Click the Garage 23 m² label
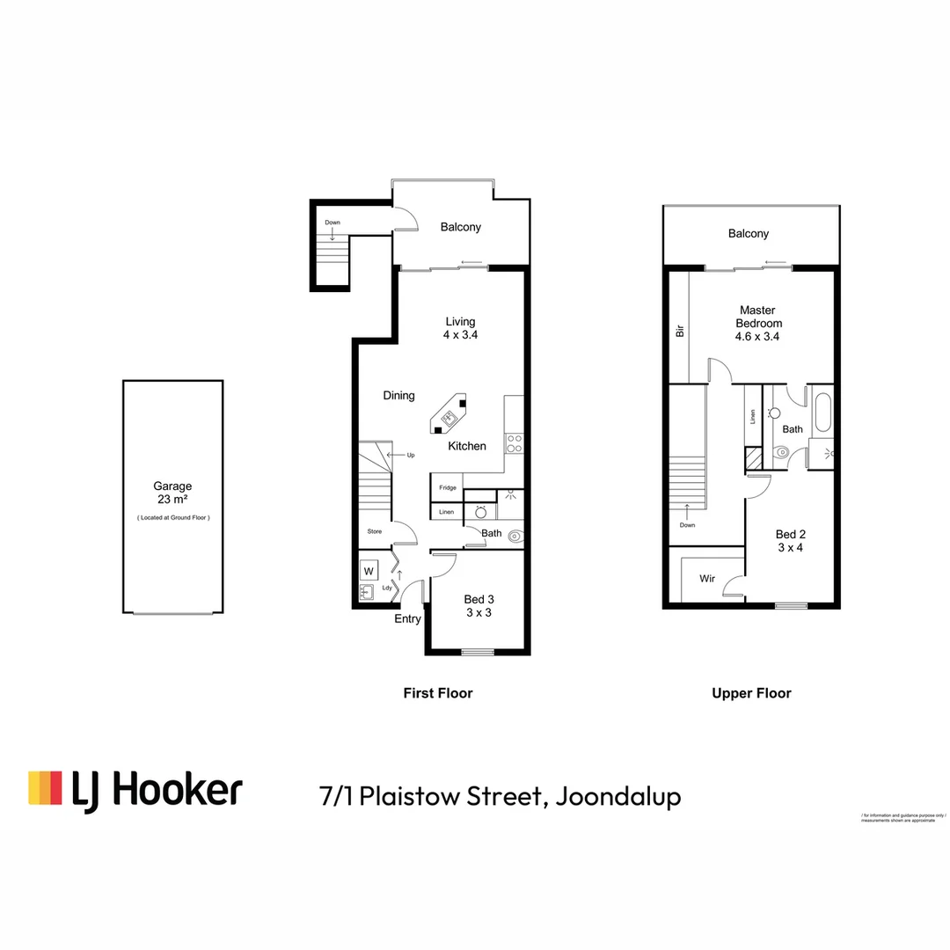tap(172, 492)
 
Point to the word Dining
tap(398, 396)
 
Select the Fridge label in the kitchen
tap(448, 487)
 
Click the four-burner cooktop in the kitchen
tap(514, 443)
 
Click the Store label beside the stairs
tap(376, 532)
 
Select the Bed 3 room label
tap(478, 606)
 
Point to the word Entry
tap(407, 618)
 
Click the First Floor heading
tap(437, 693)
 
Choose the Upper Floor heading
tap(751, 693)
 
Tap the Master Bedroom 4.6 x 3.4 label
tap(757, 323)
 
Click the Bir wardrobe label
tap(678, 332)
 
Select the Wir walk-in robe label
tap(707, 579)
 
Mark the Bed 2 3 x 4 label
tap(789, 540)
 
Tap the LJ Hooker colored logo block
tap(45, 788)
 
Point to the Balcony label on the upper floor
tap(748, 234)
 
